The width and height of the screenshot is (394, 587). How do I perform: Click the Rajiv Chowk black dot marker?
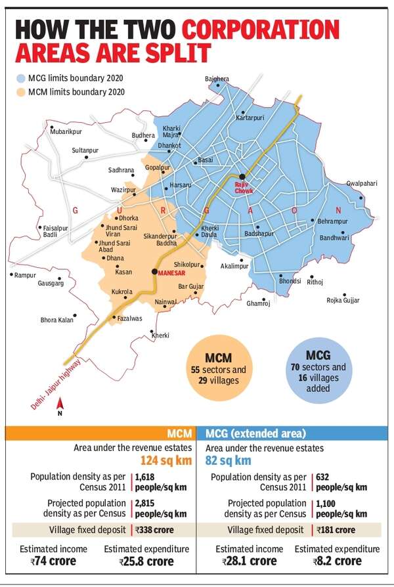click(242, 176)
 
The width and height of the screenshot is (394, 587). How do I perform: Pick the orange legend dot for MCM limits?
click(21, 94)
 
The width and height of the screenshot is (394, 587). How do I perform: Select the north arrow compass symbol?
click(60, 408)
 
